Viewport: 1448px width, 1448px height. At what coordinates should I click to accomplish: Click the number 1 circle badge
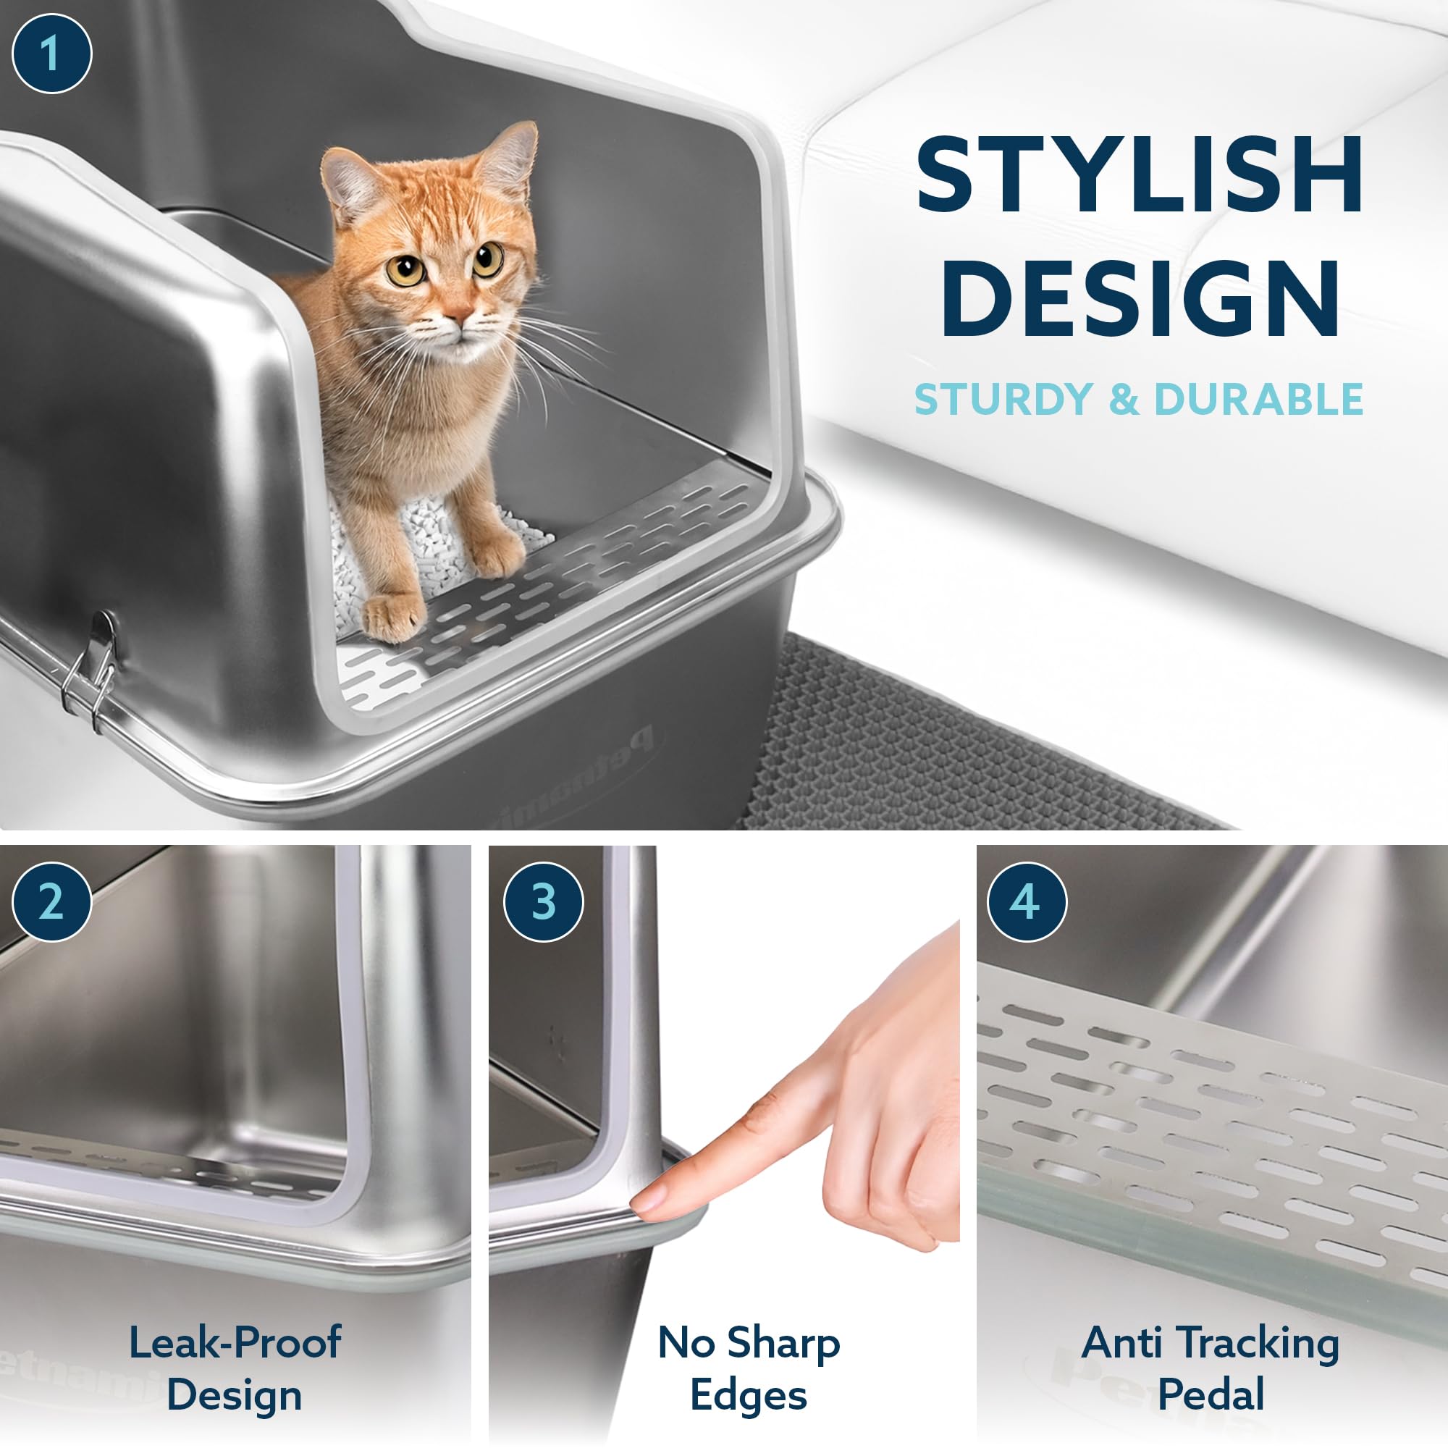(51, 54)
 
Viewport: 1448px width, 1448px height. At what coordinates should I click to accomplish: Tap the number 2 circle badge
(51, 902)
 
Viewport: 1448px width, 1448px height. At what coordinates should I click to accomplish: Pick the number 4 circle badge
(1026, 902)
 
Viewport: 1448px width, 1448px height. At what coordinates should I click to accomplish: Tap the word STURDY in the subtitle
(1003, 399)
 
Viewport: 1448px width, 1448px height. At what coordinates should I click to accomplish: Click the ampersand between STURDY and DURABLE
(1123, 400)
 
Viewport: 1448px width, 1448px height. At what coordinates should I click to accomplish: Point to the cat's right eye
(405, 270)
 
